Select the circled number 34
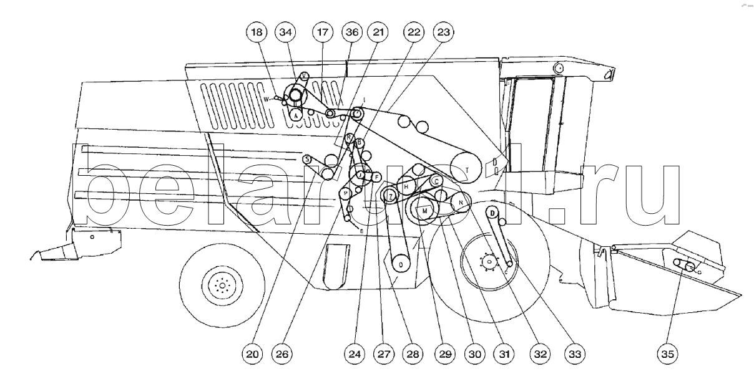[286, 32]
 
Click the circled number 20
[252, 355]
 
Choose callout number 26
[282, 355]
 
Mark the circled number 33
[574, 355]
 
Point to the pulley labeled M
[425, 211]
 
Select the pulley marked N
[461, 203]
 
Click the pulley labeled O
[401, 264]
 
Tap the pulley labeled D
[492, 213]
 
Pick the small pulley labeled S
[307, 159]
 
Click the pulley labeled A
[296, 113]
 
